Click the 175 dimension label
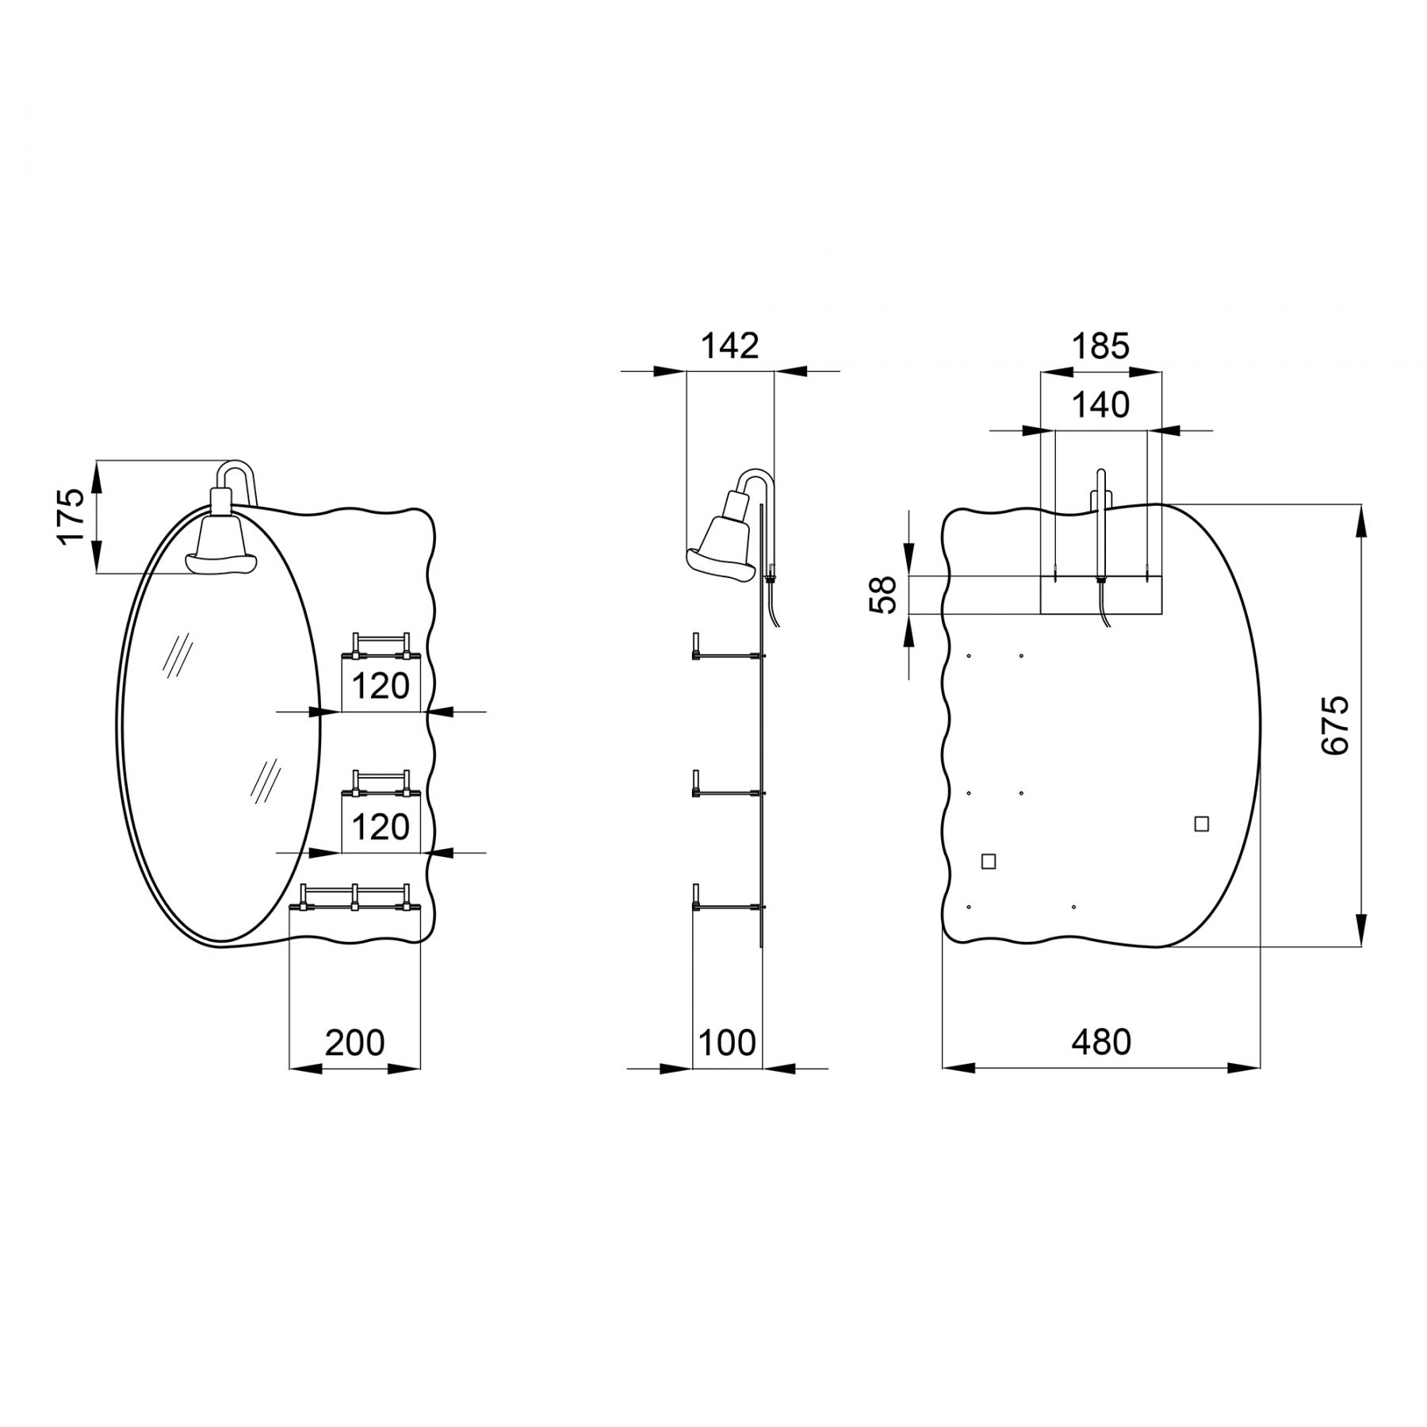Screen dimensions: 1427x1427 [x=71, y=515]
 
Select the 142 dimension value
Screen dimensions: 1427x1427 [x=730, y=346]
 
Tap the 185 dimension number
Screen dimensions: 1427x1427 [x=1100, y=346]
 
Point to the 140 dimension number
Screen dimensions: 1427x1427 [x=1100, y=405]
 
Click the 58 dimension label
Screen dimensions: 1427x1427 [x=882, y=595]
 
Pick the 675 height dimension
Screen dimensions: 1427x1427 [x=1335, y=725]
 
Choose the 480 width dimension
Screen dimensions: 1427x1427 [x=1101, y=1043]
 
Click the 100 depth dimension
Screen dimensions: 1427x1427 [x=727, y=1043]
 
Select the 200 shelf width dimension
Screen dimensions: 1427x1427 [x=354, y=1043]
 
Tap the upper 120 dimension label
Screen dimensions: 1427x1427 [x=380, y=687]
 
